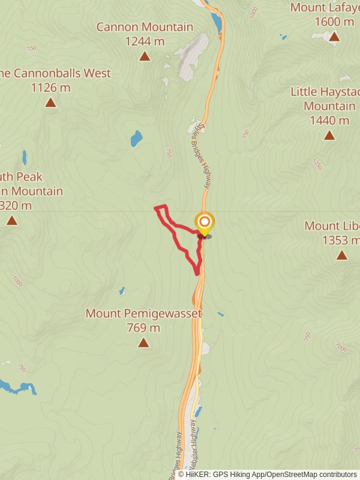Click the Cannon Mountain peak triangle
point(145,56)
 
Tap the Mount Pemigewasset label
point(143,313)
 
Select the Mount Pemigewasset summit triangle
point(143,343)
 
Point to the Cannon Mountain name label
point(145,27)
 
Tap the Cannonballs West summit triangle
point(50,103)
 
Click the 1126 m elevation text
point(50,88)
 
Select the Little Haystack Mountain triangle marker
point(329,135)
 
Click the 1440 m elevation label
point(329,120)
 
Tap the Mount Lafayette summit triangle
point(334,37)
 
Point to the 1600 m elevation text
point(334,22)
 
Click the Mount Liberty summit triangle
point(342,255)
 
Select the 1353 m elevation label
point(342,241)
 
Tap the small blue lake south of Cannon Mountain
point(136,140)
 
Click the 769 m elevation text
point(143,328)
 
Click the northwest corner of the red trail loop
point(157,208)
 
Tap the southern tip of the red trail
point(197,274)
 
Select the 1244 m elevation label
point(145,41)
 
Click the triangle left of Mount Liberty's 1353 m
point(12,221)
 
